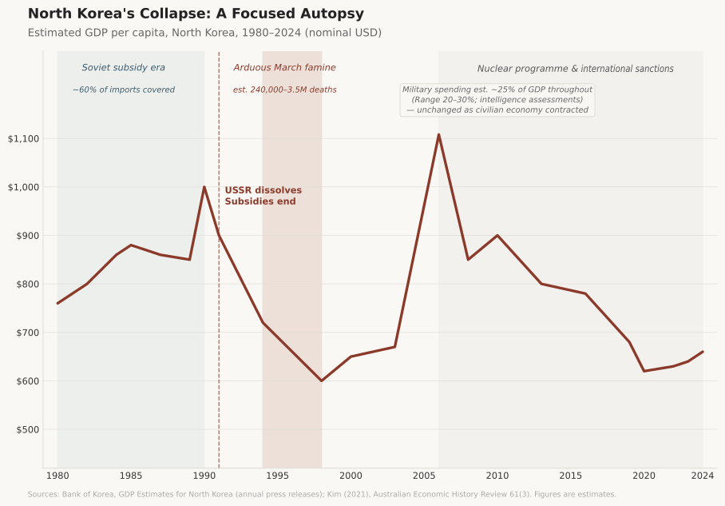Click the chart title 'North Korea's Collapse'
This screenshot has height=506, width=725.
(x=196, y=14)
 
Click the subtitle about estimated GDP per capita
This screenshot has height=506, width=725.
(x=204, y=33)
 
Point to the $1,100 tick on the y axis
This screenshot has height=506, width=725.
(x=23, y=139)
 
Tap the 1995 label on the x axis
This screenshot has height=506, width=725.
(x=277, y=476)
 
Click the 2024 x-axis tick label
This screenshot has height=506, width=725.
(x=702, y=476)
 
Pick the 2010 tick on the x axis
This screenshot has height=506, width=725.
(x=497, y=476)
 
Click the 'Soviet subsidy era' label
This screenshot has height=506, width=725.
(x=123, y=68)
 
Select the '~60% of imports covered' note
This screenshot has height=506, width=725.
(x=123, y=90)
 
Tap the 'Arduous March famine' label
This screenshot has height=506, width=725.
(x=284, y=68)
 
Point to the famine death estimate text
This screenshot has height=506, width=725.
(x=284, y=90)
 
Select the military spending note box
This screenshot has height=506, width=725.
(x=497, y=100)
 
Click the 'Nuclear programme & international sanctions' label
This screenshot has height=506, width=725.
(x=575, y=70)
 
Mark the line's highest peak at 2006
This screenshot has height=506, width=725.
(x=438, y=134)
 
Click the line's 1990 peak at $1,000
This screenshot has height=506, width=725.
(x=204, y=187)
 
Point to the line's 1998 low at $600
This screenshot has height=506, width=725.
(x=321, y=380)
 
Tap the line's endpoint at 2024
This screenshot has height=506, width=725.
(x=703, y=352)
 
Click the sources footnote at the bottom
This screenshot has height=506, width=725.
(x=322, y=495)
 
